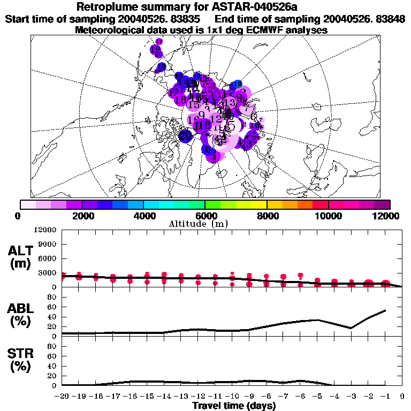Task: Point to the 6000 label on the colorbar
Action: tap(205, 216)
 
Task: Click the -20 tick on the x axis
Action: tap(62, 397)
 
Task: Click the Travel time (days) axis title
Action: tap(234, 406)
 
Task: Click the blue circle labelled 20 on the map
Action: tap(186, 136)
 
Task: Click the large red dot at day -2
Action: tap(368, 284)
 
